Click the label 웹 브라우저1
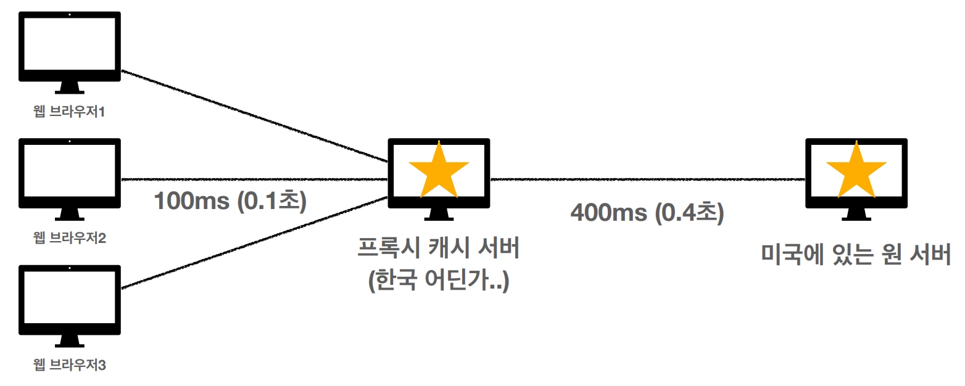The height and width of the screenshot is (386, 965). [x=69, y=112]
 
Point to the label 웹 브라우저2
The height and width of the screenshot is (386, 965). [x=69, y=237]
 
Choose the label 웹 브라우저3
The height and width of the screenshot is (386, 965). [x=69, y=365]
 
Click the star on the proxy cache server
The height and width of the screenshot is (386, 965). [x=439, y=171]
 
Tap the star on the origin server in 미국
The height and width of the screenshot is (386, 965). [x=856, y=171]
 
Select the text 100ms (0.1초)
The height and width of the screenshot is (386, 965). [x=230, y=201]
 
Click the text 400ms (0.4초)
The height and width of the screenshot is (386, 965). [x=647, y=213]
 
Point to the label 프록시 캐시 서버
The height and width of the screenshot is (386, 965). [x=439, y=250]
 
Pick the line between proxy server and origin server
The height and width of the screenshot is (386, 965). [x=648, y=179]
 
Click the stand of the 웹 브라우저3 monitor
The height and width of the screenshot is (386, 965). [x=69, y=341]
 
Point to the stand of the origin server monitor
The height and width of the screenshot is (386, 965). [x=856, y=214]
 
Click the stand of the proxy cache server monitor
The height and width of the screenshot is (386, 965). [x=439, y=214]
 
